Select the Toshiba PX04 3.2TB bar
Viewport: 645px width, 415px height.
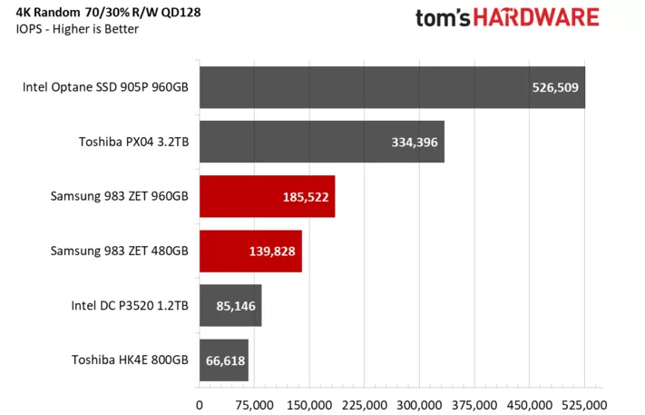tap(322, 142)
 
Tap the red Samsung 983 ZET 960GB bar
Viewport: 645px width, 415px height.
tap(267, 196)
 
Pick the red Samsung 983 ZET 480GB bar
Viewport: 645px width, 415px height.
tap(250, 252)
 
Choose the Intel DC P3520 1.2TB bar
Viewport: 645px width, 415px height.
tap(230, 306)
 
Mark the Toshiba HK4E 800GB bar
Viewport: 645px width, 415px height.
tap(223, 361)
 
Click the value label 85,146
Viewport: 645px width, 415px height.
tap(235, 306)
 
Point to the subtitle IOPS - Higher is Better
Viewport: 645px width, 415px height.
tap(72, 29)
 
